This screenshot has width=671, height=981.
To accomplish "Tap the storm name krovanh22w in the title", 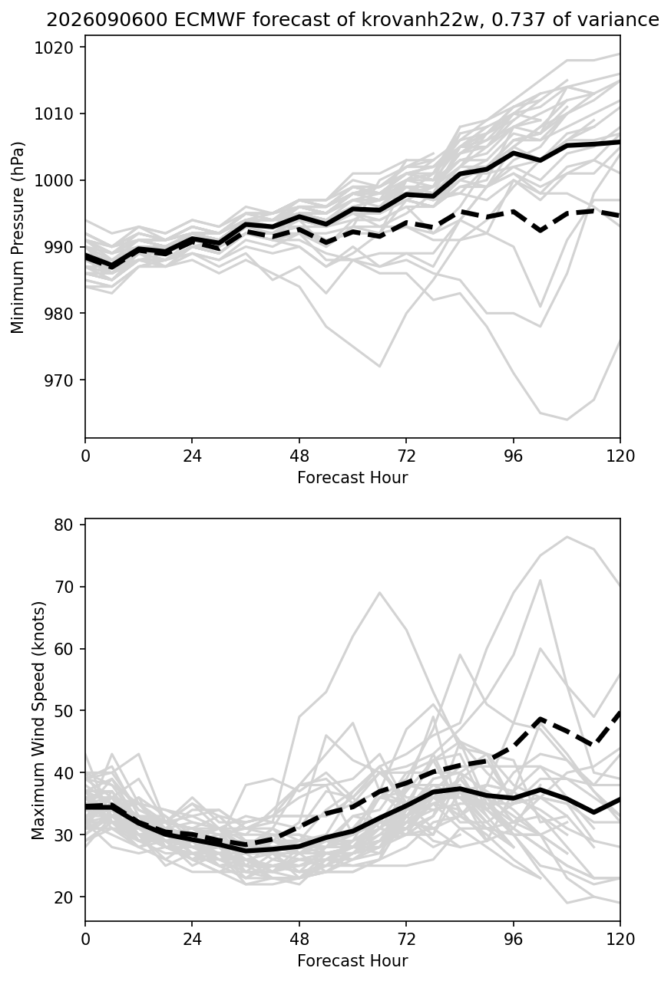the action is click(x=415, y=20).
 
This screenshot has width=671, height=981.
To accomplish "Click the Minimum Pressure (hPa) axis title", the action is click(x=18, y=237).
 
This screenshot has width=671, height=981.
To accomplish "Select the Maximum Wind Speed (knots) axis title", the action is click(x=38, y=722).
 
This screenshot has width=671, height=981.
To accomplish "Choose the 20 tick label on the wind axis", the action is click(x=64, y=897).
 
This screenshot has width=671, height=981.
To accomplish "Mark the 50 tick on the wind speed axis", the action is click(x=64, y=710).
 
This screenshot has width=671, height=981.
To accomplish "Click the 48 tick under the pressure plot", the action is click(x=299, y=456).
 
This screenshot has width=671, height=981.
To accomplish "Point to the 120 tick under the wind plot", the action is click(x=620, y=939).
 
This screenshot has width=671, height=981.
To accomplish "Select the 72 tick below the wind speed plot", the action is click(x=406, y=939).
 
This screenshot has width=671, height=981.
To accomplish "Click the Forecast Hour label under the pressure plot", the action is click(x=352, y=477).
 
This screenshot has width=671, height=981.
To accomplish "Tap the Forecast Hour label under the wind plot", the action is click(x=352, y=960).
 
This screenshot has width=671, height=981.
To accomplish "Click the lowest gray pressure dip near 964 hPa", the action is click(x=567, y=420).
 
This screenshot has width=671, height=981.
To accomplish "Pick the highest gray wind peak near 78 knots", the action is click(x=567, y=536).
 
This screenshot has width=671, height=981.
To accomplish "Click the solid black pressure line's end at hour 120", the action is click(x=620, y=142).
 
